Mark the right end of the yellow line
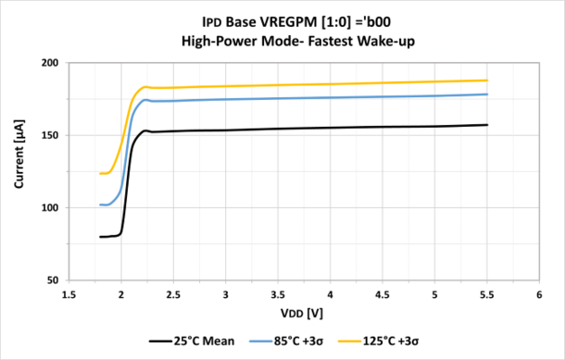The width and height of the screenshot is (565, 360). pyautogui.click(x=487, y=81)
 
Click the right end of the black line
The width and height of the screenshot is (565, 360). pyautogui.click(x=487, y=125)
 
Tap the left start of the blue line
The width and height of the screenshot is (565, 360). pyautogui.click(x=100, y=205)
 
